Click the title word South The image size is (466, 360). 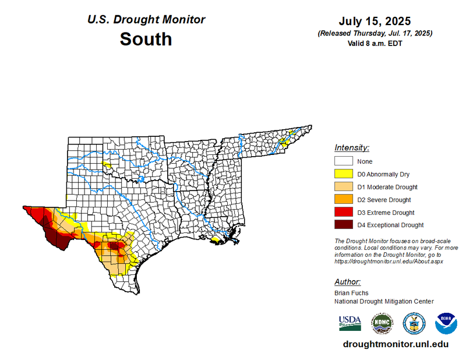(x=146, y=39)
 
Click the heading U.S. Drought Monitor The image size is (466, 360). (x=146, y=19)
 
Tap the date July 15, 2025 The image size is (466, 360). (x=375, y=22)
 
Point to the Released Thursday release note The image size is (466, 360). (x=375, y=34)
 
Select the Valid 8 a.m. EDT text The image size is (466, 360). (x=375, y=43)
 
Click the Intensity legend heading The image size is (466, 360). (x=352, y=147)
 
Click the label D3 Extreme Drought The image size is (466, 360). (x=386, y=213)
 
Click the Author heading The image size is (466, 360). (x=348, y=282)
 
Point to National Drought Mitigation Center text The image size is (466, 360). (x=384, y=301)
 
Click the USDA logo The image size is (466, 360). (x=350, y=322)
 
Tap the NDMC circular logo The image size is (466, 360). (x=382, y=323)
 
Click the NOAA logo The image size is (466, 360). (x=446, y=323)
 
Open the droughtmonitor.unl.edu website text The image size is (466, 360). (x=396, y=344)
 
